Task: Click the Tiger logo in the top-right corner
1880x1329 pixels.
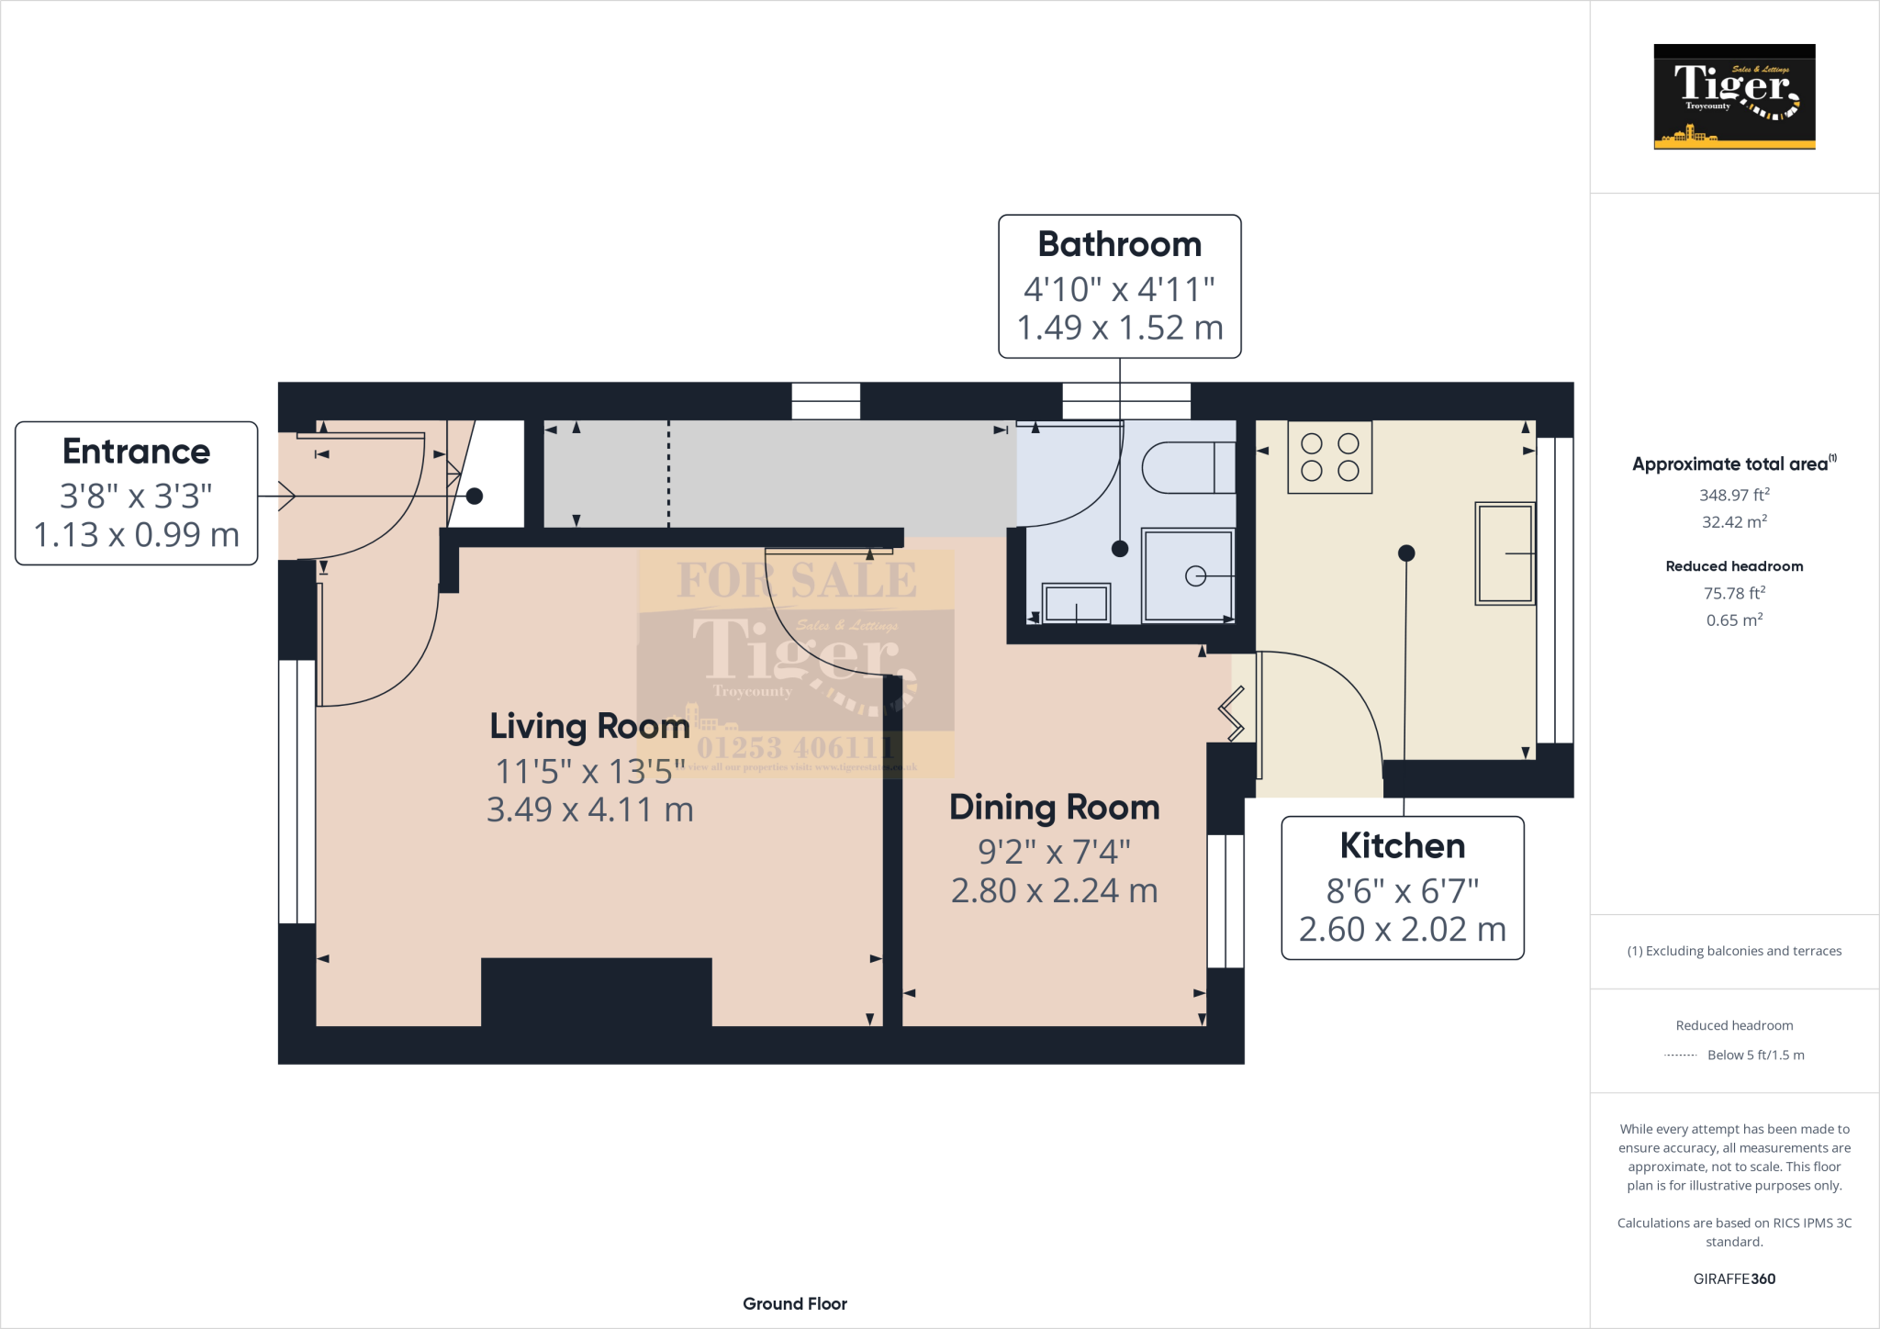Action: tap(1734, 96)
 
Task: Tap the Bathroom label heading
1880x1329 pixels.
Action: tap(1119, 245)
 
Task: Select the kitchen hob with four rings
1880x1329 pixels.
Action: tap(1329, 457)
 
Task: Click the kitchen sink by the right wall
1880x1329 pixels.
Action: tap(1505, 553)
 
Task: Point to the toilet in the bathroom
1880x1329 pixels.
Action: tap(1188, 468)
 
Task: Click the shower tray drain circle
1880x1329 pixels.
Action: tap(1195, 576)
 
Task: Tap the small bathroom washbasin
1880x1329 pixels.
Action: tap(1076, 603)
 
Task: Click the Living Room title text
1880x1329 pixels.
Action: tap(589, 726)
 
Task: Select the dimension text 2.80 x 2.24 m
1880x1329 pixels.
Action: tap(1054, 890)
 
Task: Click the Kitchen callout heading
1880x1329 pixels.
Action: tap(1402, 846)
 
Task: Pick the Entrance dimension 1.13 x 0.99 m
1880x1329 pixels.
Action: tap(136, 534)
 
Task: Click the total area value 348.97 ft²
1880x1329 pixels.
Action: tap(1733, 495)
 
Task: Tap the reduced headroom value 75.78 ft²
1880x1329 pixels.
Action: tap(1733, 593)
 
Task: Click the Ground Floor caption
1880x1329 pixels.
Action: tap(795, 1303)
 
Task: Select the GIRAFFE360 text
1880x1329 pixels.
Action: tap(1733, 1279)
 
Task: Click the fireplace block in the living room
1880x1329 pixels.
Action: tap(596, 991)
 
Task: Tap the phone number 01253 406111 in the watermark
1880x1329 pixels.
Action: tap(795, 748)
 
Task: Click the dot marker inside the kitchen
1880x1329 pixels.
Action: tap(1405, 553)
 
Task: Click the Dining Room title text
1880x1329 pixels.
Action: tap(1054, 808)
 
